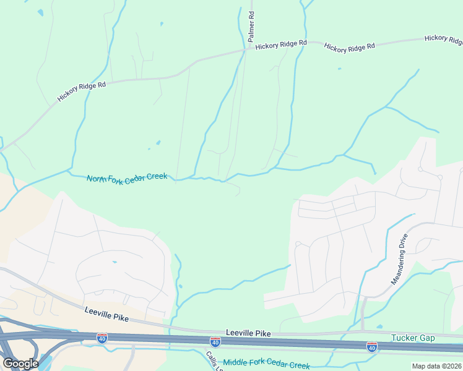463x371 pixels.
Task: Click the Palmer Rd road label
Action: click(x=251, y=26)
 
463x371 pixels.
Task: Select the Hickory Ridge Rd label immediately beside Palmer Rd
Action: click(x=281, y=45)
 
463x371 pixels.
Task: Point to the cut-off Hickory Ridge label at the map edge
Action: click(x=443, y=40)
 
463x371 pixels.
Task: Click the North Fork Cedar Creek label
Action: click(x=127, y=177)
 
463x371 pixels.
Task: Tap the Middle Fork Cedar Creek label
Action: click(x=266, y=364)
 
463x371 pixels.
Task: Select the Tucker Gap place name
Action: click(x=413, y=338)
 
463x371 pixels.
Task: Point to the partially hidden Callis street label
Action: click(x=212, y=360)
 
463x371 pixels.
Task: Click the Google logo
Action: click(x=20, y=364)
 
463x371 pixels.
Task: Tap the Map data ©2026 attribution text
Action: click(x=437, y=366)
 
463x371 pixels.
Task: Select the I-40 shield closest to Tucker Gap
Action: click(x=372, y=346)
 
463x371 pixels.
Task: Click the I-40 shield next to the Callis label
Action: click(x=215, y=342)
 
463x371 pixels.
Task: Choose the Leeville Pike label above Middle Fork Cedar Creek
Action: click(x=249, y=333)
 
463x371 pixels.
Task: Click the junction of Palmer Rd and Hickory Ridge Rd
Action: click(x=246, y=51)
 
